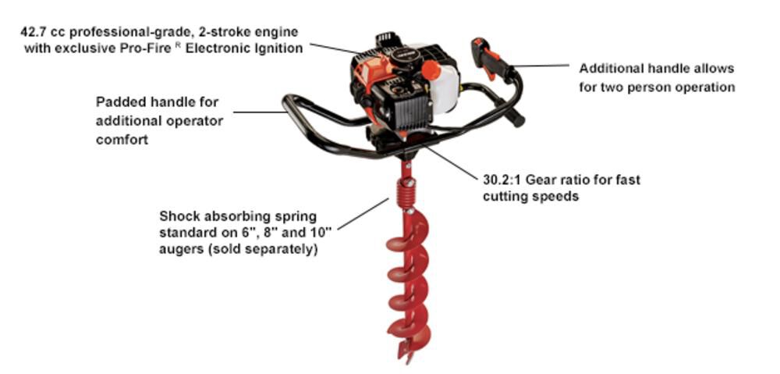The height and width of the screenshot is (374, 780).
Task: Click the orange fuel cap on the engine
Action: (431, 69)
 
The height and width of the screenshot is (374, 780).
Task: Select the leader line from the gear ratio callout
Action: (452, 162)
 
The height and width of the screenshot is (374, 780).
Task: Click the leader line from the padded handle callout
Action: (261, 112)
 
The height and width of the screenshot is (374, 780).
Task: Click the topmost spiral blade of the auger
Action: (407, 234)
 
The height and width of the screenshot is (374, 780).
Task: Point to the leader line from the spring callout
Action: (363, 213)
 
